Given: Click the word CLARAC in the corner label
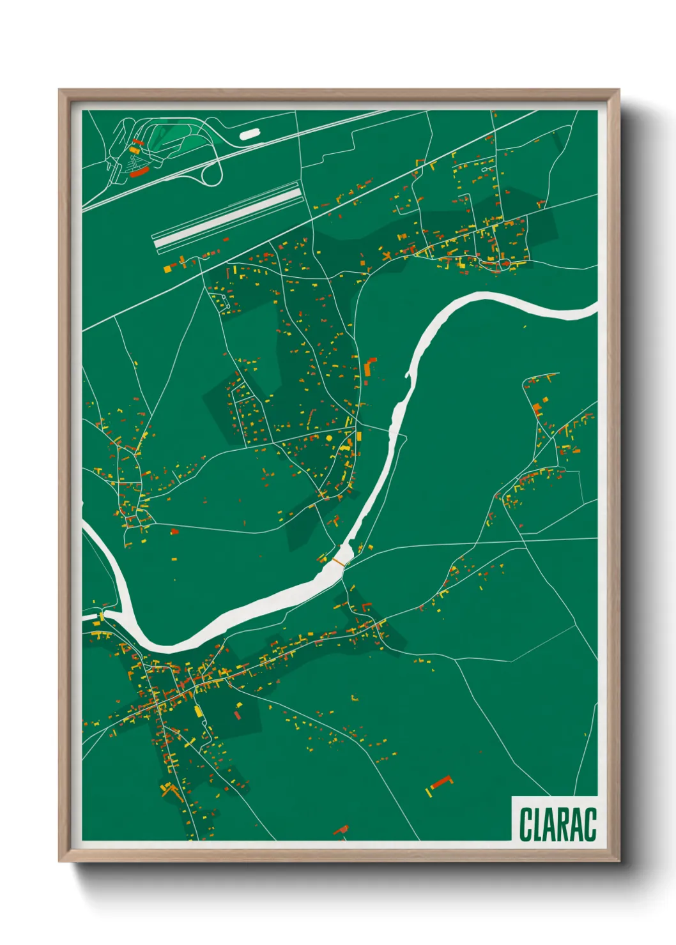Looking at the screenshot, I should click(x=557, y=824).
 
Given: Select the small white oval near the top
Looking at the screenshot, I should click(x=249, y=134).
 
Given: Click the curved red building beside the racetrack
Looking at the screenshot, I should click(x=139, y=172).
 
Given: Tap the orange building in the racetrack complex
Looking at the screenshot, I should click(x=134, y=150).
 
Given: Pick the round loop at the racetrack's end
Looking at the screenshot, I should click(x=213, y=172).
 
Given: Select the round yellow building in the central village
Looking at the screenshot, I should click(x=330, y=439).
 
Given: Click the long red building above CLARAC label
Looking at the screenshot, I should click(x=440, y=782).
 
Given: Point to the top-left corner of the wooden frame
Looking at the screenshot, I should click(x=59, y=91).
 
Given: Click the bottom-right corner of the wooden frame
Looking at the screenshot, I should click(x=618, y=861).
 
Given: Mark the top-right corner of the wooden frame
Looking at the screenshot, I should click(x=618, y=91).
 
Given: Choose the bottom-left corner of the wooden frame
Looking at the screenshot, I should click(x=59, y=861).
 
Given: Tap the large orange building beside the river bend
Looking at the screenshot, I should click(x=369, y=368).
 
